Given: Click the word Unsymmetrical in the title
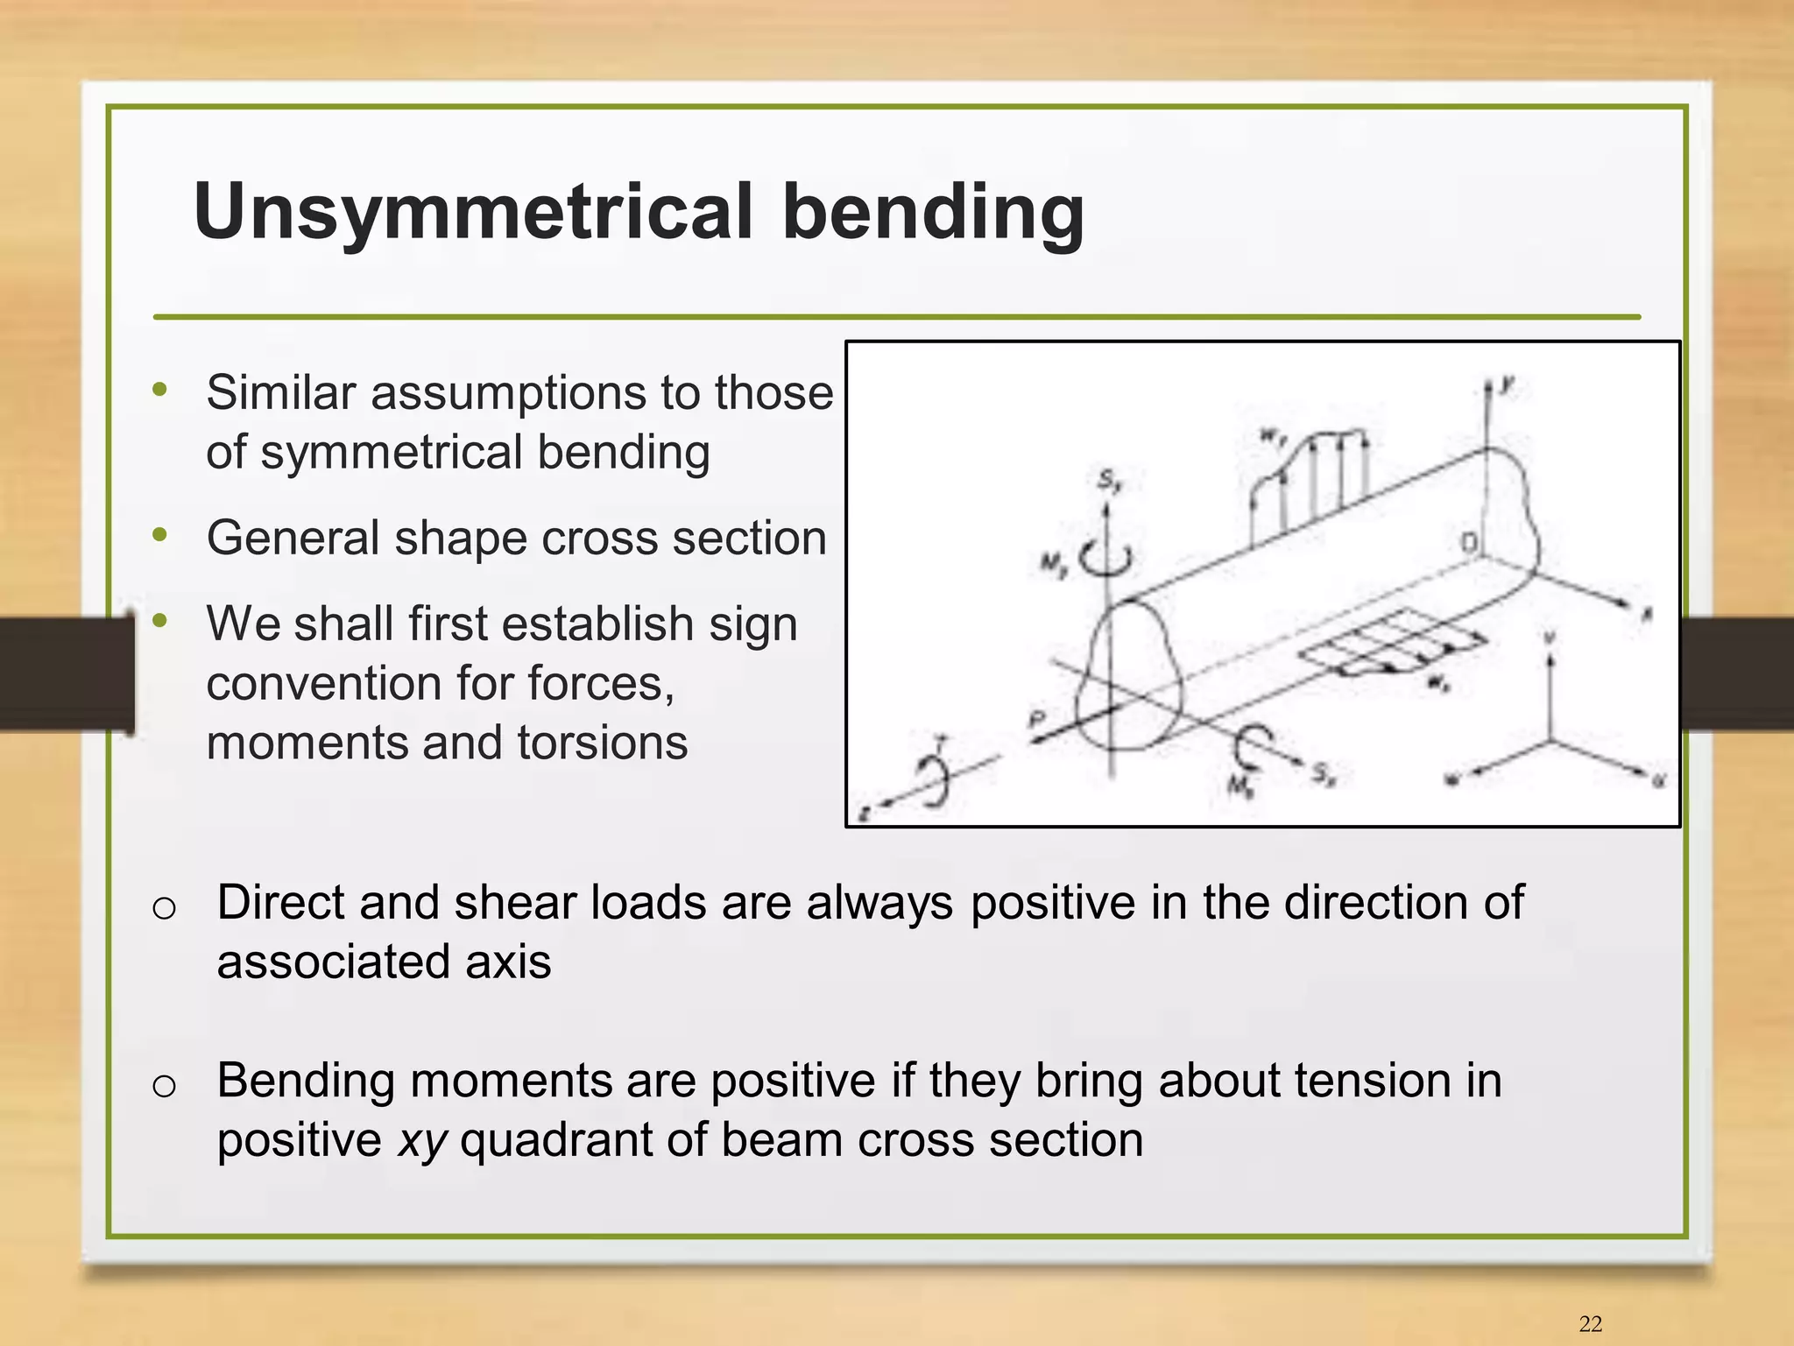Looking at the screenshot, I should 473,213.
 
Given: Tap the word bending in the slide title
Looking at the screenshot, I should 933,213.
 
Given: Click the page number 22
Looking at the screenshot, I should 1590,1323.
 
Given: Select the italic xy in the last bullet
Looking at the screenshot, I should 422,1140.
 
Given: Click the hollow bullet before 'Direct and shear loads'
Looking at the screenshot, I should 164,908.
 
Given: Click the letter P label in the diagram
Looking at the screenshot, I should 1037,719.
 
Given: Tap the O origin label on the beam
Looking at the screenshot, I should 1469,543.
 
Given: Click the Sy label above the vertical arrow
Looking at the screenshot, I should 1109,481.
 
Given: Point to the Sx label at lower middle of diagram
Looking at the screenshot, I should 1323,773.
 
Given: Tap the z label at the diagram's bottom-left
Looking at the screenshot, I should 864,814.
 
